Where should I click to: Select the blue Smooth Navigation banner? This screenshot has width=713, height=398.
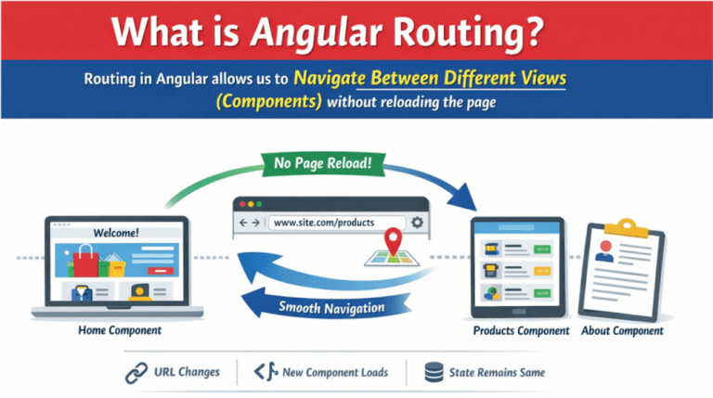tap(331, 308)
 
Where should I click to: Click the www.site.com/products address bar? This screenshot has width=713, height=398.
tap(336, 223)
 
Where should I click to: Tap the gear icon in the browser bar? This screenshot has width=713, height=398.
tap(418, 223)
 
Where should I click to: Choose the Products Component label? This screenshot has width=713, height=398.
tap(521, 330)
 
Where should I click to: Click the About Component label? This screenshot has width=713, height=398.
tap(621, 330)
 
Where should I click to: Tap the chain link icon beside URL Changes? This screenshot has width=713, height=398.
tap(136, 373)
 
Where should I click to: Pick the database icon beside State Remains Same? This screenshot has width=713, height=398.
tap(433, 373)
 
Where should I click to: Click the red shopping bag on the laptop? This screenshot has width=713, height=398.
tap(87, 263)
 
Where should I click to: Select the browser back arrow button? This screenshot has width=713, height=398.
tap(243, 223)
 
